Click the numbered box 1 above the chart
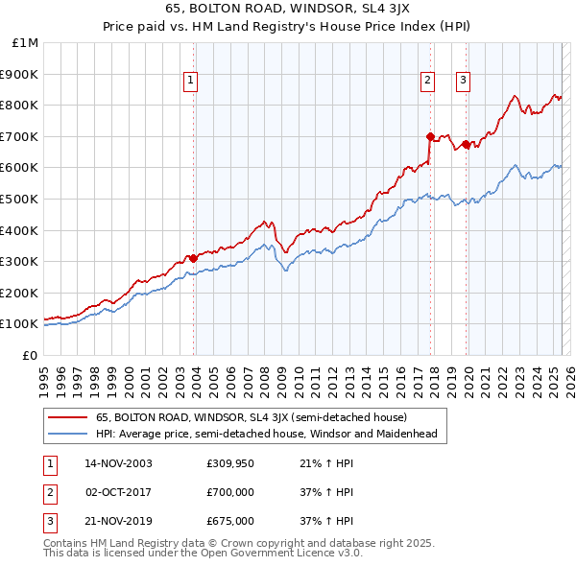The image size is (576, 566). tap(192, 82)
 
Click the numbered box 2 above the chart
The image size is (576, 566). tap(427, 82)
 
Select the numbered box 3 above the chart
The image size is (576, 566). tap(463, 82)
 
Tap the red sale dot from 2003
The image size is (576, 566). tap(193, 258)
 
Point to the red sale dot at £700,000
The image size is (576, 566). tap(430, 136)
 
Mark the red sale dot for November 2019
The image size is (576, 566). tap(467, 144)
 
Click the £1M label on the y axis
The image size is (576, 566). tap(26, 43)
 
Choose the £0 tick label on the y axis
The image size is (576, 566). tap(30, 355)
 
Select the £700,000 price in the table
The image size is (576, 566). tap(230, 492)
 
